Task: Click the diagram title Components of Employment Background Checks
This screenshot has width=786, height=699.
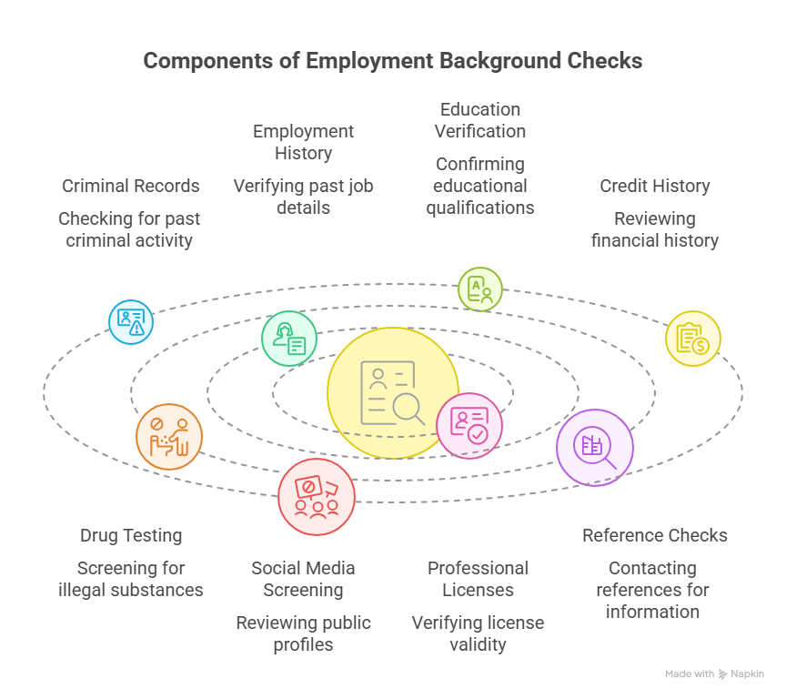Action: pos(393,61)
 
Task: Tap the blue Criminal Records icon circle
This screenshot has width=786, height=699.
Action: pos(131,321)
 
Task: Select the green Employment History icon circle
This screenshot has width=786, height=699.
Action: pos(289,339)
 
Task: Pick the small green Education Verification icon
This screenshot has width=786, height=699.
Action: pos(479,289)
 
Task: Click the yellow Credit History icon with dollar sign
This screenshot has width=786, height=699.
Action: pos(693,339)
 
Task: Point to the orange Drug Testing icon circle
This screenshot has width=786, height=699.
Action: pos(169,437)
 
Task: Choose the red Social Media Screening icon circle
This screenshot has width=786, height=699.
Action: pos(317,497)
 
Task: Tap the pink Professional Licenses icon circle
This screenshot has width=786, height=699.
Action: pos(469,425)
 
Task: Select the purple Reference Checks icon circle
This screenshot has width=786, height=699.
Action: pos(595,447)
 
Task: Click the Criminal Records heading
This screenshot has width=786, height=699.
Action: pos(131,186)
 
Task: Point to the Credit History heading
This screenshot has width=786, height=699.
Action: pos(655,186)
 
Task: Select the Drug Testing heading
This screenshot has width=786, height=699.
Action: pos(131,535)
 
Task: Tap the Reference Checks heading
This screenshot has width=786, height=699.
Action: pos(655,535)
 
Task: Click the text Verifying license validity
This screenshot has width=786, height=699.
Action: pos(479,633)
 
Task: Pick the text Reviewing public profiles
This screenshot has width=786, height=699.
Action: pos(303,633)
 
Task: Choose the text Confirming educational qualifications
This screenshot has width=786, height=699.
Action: pos(480,186)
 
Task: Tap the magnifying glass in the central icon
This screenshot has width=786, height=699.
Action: pos(410,409)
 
